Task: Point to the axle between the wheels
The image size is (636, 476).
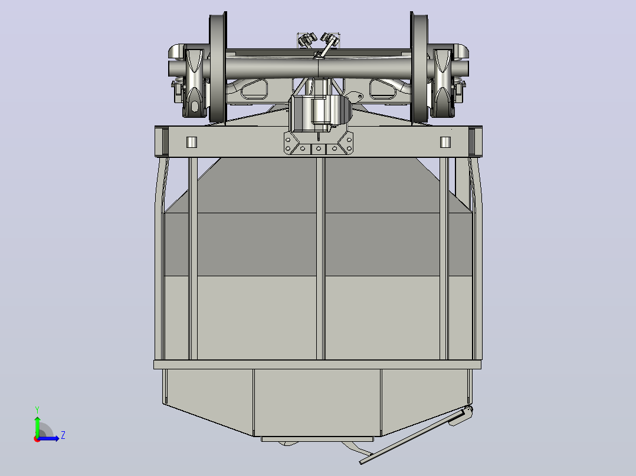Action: (x=319, y=67)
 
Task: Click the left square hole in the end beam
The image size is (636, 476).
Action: (x=191, y=142)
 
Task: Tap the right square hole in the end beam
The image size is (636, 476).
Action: (x=445, y=142)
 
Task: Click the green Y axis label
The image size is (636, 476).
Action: (x=37, y=410)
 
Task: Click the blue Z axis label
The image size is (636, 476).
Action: (x=63, y=435)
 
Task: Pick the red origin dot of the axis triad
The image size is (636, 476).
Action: (x=37, y=439)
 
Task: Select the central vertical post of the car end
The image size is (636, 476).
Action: (x=320, y=258)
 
